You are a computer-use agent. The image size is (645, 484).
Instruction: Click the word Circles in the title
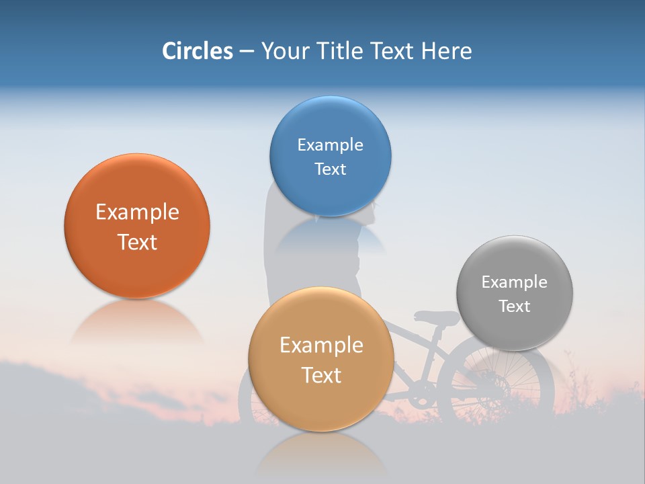coord(197,50)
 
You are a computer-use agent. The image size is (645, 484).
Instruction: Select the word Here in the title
coord(446,50)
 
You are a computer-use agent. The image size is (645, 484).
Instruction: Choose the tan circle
coord(321,403)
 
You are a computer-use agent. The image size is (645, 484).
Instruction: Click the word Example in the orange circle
coord(137,212)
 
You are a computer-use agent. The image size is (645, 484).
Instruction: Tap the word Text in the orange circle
coord(137,242)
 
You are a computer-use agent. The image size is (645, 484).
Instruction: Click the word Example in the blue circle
coord(330,145)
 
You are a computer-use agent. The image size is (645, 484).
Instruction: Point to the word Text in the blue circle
coord(330,169)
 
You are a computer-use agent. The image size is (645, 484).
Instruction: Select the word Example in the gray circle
coord(514,282)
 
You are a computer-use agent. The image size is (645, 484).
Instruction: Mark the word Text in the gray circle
coord(514,306)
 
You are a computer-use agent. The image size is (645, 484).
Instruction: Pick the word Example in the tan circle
coord(321,346)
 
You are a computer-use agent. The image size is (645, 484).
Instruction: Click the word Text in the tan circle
coord(321,375)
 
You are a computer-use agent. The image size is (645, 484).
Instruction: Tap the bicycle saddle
coord(435,316)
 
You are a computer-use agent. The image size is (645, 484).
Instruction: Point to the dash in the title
coord(247,51)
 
